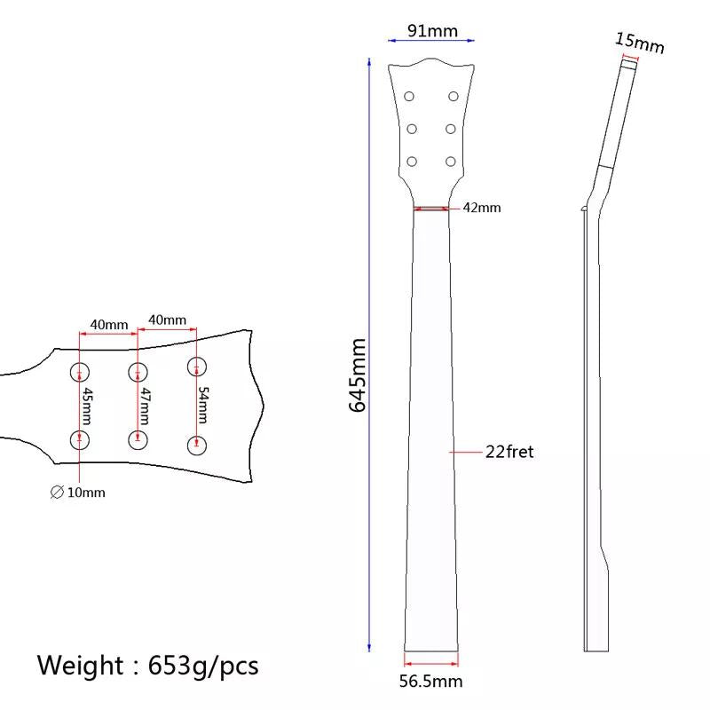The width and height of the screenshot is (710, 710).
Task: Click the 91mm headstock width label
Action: [432, 31]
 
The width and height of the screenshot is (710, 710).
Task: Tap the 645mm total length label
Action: [358, 375]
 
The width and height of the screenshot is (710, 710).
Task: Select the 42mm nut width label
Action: [482, 208]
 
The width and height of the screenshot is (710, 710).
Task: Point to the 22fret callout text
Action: [509, 452]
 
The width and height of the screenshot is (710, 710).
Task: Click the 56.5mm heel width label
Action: [430, 682]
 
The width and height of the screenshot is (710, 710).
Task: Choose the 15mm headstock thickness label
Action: [639, 43]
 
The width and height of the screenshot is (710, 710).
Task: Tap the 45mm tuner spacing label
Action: [87, 406]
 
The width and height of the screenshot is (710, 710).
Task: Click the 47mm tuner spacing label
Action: [145, 406]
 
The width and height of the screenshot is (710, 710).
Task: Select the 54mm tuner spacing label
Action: [203, 406]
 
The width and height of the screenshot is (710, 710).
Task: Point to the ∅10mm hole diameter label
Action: [77, 493]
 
